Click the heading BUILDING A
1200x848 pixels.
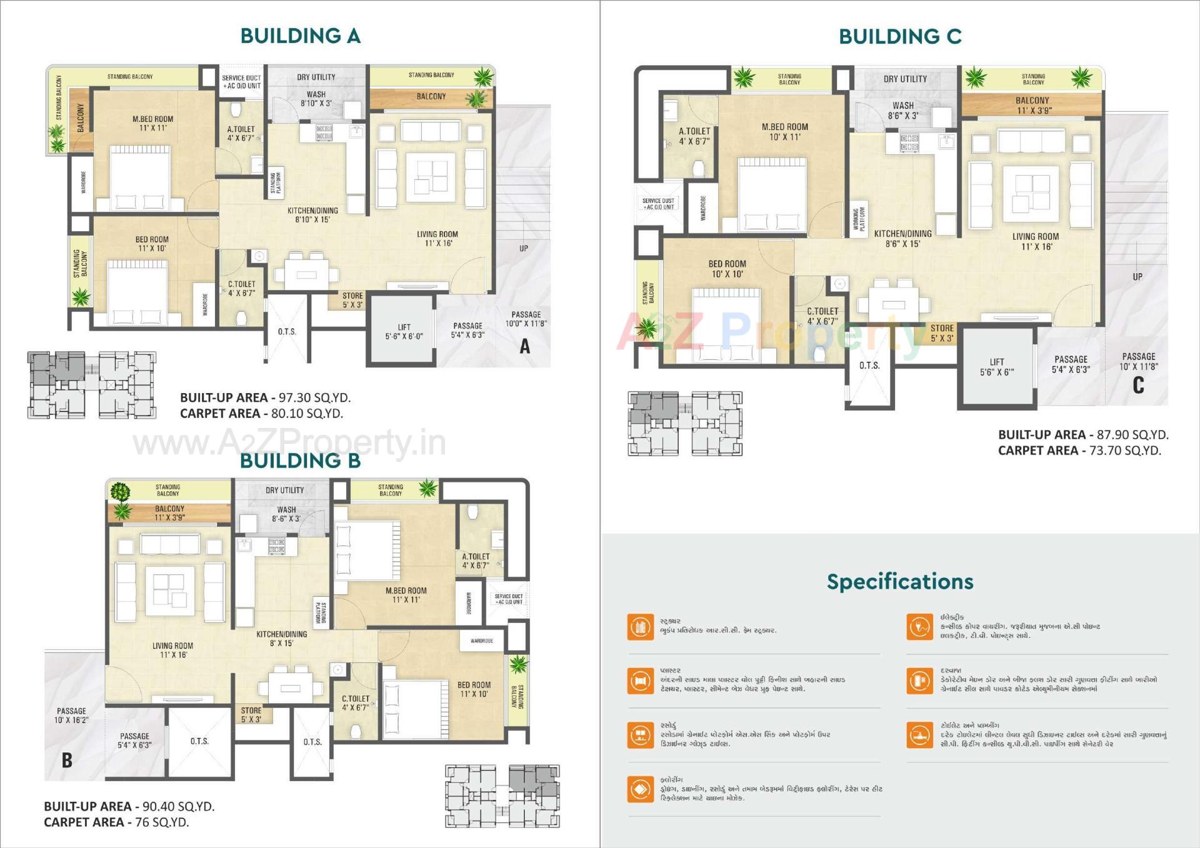coord(300,36)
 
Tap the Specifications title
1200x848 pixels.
coord(899,581)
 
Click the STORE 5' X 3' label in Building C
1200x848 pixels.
coord(942,333)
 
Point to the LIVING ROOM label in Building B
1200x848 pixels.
coord(172,650)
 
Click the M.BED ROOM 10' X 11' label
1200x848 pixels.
coord(784,131)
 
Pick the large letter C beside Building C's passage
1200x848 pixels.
coord(1138,385)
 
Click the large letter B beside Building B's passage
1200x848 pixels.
coord(67,760)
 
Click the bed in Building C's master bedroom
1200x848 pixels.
coord(772,195)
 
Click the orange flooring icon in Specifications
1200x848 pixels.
coord(640,789)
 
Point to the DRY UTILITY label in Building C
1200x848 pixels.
coord(904,79)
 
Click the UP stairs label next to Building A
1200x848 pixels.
coord(524,248)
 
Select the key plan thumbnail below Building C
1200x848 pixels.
coord(685,424)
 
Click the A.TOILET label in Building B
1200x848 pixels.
coord(476,561)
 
